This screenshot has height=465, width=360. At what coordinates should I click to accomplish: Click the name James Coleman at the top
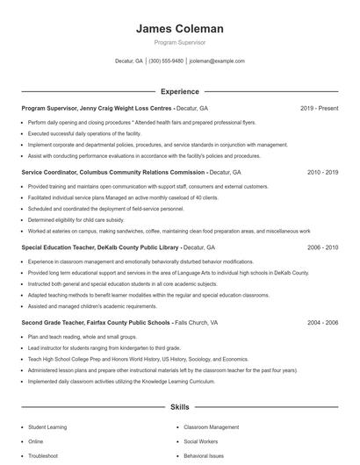pos(180,29)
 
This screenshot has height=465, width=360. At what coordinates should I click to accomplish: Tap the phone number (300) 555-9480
pos(166,61)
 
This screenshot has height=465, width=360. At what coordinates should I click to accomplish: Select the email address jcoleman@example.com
pos(217,61)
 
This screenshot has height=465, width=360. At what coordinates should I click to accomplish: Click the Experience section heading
pos(179,91)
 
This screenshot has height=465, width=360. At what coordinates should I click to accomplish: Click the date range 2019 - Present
pos(319,108)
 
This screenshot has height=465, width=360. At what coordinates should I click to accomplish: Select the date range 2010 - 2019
pos(322,173)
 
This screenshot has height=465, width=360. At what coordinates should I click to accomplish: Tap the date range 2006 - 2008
pos(322,248)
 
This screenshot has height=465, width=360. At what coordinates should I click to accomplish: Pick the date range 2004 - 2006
pos(322,323)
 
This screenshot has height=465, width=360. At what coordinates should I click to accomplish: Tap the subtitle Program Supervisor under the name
pos(180,41)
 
